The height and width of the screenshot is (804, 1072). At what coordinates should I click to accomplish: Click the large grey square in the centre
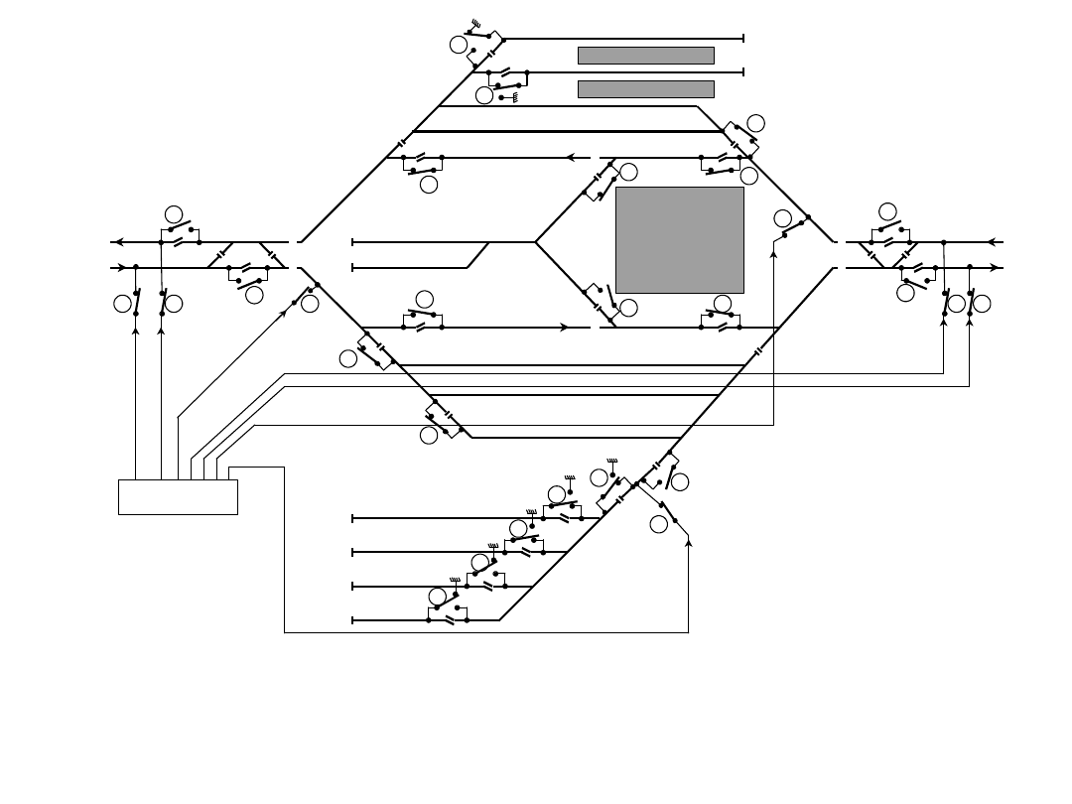tap(680, 239)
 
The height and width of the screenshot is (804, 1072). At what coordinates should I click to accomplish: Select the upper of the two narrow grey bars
tap(645, 56)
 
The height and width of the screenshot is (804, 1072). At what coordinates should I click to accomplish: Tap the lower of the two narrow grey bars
tap(645, 89)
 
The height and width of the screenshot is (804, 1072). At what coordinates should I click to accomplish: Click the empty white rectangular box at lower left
tap(178, 496)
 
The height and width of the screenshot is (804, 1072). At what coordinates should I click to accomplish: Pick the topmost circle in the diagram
tap(459, 45)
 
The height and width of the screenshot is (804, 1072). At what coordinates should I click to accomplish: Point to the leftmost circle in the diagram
tap(122, 304)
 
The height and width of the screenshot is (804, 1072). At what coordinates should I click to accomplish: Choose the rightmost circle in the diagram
tap(982, 304)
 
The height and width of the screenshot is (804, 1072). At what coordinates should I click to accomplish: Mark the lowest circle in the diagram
tap(438, 596)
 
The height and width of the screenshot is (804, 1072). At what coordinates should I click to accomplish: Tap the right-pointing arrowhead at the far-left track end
tap(122, 267)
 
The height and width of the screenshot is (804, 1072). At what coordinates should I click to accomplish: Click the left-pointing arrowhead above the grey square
tap(571, 157)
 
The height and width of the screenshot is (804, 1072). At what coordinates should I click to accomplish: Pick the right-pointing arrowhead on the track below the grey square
tap(564, 328)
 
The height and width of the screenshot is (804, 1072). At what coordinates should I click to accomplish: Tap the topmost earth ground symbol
tap(475, 22)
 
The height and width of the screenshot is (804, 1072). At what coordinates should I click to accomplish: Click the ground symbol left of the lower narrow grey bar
tap(515, 97)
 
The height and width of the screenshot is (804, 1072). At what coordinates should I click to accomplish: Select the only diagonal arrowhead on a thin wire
tap(284, 313)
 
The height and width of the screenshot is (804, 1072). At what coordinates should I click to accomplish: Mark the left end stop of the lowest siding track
tap(352, 620)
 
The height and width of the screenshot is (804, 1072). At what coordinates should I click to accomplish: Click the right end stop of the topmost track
tap(743, 39)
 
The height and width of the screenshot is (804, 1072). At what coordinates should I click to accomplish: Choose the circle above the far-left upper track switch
tap(174, 214)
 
